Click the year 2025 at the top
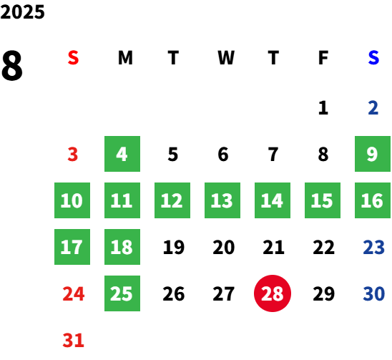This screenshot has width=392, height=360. tap(22, 12)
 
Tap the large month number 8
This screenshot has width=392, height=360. tap(12, 65)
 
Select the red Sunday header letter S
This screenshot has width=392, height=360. tap(73, 58)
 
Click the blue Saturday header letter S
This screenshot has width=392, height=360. tap(373, 58)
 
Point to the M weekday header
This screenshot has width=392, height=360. tap(125, 58)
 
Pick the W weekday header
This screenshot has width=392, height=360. tap(226, 58)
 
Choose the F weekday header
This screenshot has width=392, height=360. tap(323, 58)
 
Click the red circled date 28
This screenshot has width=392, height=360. tap(273, 293)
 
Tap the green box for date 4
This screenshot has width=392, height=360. tap(122, 154)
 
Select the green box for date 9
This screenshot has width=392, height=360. tap(373, 154)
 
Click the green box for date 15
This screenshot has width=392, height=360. tap(323, 200)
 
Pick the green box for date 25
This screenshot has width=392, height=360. tap(122, 293)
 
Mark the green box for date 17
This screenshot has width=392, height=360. tap(72, 247)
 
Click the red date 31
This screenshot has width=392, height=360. tap(73, 340)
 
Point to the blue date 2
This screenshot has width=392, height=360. tap(373, 108)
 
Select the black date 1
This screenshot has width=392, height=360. tap(323, 108)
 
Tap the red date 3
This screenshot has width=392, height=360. tap(73, 154)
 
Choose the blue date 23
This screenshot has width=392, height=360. tap(373, 247)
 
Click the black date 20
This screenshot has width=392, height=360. tap(223, 247)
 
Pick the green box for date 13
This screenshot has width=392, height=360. tap(222, 200)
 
